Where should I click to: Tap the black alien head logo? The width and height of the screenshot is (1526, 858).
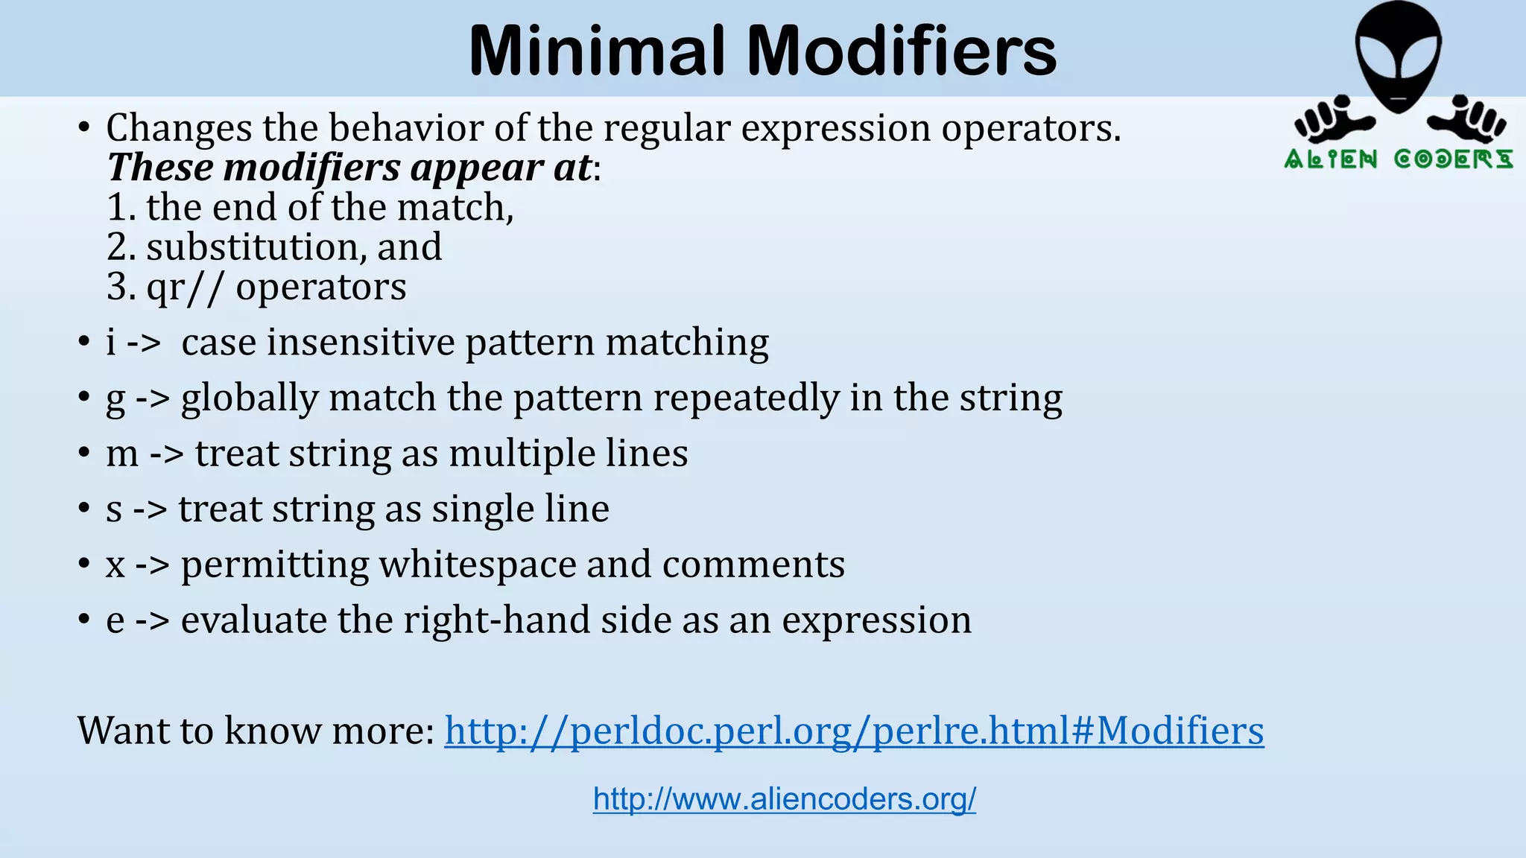[x=1399, y=56]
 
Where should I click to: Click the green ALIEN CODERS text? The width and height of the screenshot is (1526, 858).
[x=1399, y=159]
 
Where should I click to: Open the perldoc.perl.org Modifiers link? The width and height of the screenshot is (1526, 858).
[x=854, y=730]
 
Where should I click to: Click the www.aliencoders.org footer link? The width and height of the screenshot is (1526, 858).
[x=785, y=799]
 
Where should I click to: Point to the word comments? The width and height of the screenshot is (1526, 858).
[x=753, y=565]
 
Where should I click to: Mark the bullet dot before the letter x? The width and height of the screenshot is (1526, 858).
[x=84, y=565]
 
